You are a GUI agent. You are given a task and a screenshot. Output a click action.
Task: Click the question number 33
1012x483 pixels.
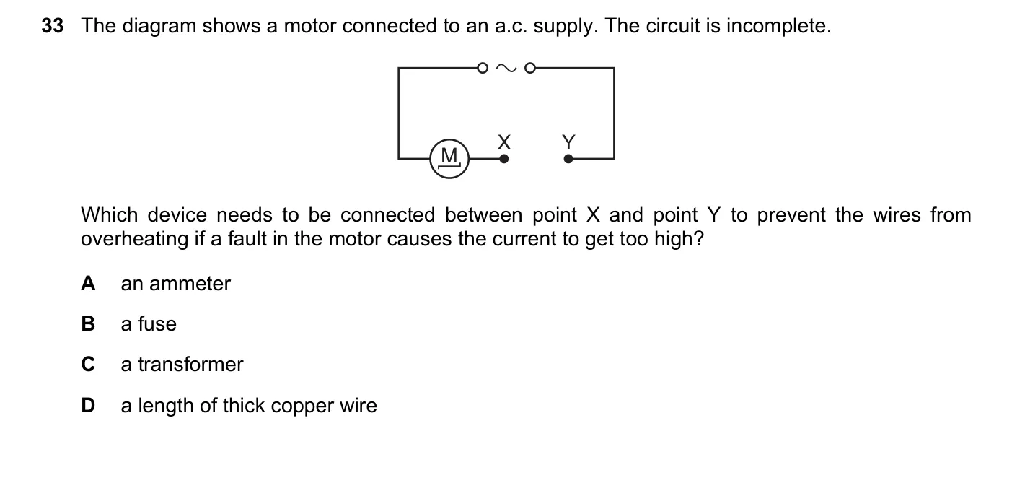pyautogui.click(x=53, y=26)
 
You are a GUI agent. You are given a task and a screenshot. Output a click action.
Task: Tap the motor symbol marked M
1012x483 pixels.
pyautogui.click(x=449, y=159)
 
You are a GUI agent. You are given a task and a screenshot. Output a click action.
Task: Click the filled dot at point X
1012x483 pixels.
pyautogui.click(x=504, y=159)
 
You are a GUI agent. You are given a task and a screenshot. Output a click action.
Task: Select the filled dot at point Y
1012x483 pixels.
pyautogui.click(x=568, y=159)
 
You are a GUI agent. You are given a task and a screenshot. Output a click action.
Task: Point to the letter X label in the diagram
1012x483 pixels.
pyautogui.click(x=504, y=142)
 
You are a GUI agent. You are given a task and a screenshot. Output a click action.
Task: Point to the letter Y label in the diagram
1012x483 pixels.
pyautogui.click(x=569, y=142)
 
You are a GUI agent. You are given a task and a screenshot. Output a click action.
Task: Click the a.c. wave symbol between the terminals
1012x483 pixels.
pyautogui.click(x=506, y=69)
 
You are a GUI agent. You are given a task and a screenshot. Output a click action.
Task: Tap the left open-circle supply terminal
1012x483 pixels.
pyautogui.click(x=483, y=69)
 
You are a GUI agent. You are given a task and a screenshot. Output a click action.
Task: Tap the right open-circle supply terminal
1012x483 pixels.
pyautogui.click(x=530, y=69)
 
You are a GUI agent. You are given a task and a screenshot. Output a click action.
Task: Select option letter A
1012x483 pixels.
pyautogui.click(x=88, y=284)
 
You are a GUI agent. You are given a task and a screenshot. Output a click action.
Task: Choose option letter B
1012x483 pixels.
pyautogui.click(x=88, y=324)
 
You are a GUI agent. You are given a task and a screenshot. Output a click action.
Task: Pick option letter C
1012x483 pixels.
pyautogui.click(x=88, y=365)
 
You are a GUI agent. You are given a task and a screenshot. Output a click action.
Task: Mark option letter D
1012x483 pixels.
pyautogui.click(x=88, y=405)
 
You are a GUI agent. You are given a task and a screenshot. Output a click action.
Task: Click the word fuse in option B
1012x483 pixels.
pyautogui.click(x=157, y=324)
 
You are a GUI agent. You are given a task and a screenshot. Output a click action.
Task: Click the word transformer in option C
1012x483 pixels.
pyautogui.click(x=190, y=365)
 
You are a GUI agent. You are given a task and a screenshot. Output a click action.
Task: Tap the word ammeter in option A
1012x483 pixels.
pyautogui.click(x=190, y=284)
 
